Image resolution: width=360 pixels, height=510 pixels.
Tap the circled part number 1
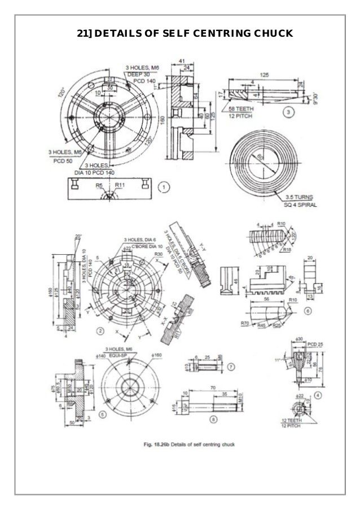coord(164,186)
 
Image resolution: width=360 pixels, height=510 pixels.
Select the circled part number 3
coord(288,112)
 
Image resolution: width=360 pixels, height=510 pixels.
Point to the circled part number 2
coord(100,330)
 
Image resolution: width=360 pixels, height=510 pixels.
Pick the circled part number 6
coord(308,311)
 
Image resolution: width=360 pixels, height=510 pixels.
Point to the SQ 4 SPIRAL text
coord(300,205)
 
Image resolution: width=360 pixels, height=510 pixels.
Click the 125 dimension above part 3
coord(264,75)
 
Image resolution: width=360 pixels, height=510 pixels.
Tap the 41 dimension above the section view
coord(182,60)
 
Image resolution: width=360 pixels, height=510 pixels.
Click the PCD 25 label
coord(315,343)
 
